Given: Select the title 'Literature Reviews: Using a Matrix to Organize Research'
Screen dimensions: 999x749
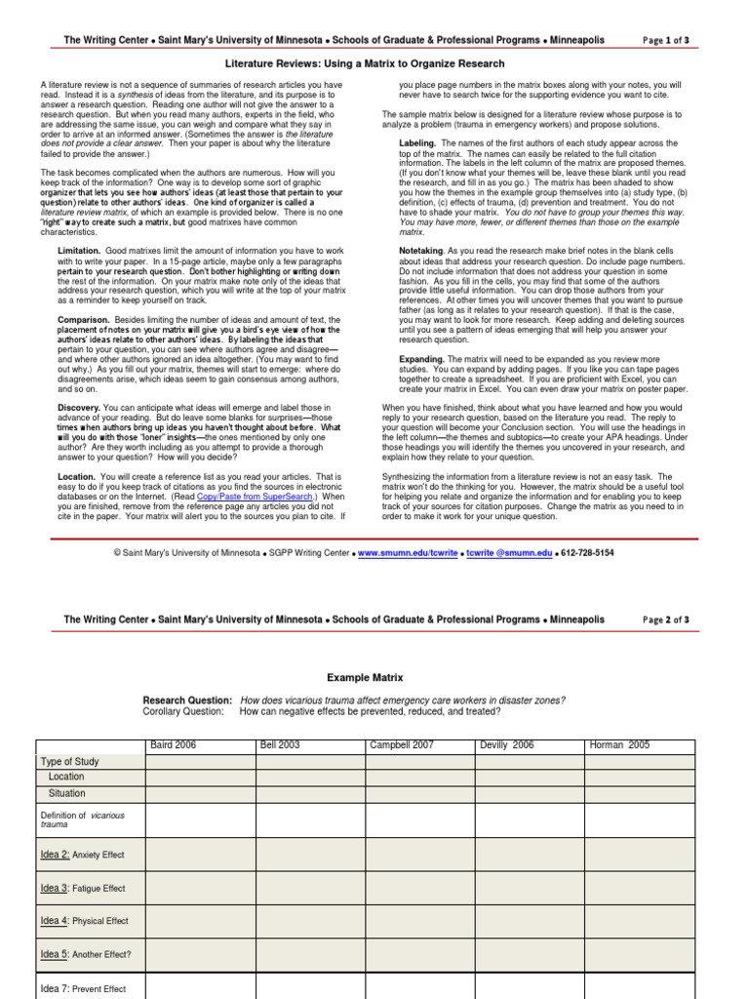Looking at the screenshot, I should (374, 63).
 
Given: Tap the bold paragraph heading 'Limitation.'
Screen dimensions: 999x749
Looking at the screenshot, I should (80, 252).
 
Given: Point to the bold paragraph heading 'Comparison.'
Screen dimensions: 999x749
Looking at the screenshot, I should (83, 320).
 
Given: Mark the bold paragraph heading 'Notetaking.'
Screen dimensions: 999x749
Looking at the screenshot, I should (423, 251).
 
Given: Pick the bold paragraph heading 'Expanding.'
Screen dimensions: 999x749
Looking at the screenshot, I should (422, 359).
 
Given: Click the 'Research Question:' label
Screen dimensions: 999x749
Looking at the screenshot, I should (187, 700).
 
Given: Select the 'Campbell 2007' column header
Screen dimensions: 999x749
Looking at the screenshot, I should (402, 745).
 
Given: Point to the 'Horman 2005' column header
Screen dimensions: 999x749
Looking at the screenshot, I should (620, 745).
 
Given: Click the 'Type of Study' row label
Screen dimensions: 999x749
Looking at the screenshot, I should (70, 761).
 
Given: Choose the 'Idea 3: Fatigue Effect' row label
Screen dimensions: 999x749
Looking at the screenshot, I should (83, 888).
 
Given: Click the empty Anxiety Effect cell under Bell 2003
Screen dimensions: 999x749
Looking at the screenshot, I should (310, 855).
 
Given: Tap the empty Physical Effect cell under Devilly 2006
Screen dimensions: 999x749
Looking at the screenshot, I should (530, 921).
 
